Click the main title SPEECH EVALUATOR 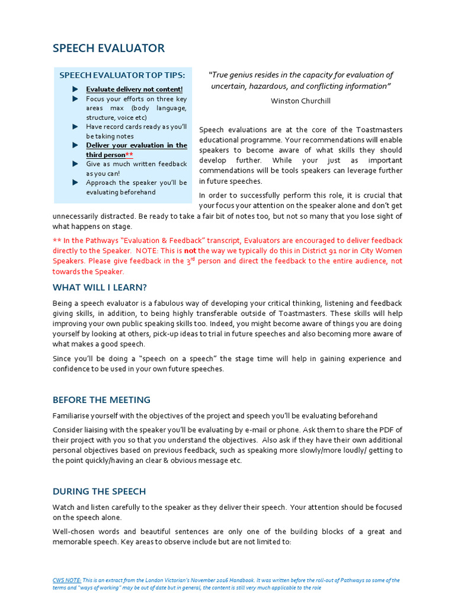[x=108, y=49]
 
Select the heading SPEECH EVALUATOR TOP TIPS [x=121, y=75]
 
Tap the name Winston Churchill [x=300, y=101]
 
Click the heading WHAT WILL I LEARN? [x=100, y=287]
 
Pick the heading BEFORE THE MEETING [x=101, y=400]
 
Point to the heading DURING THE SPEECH [x=99, y=491]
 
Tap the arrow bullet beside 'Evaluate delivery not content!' [x=75, y=90]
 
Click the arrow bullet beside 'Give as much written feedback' [x=75, y=164]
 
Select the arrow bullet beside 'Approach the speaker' [x=75, y=183]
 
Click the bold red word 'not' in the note [x=190, y=251]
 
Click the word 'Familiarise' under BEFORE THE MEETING [x=73, y=416]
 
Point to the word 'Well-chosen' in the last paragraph [x=74, y=532]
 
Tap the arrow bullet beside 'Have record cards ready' [x=75, y=127]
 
